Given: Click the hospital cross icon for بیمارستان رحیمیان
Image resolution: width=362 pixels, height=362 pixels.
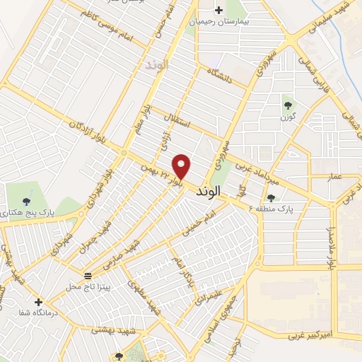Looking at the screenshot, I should coord(218,10).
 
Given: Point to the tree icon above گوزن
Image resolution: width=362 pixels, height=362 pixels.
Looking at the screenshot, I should coord(288,105).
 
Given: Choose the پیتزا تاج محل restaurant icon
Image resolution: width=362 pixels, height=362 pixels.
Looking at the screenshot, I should coord(87,275).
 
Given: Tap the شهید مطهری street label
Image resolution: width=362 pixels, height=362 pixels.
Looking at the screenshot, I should coord(146,298).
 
